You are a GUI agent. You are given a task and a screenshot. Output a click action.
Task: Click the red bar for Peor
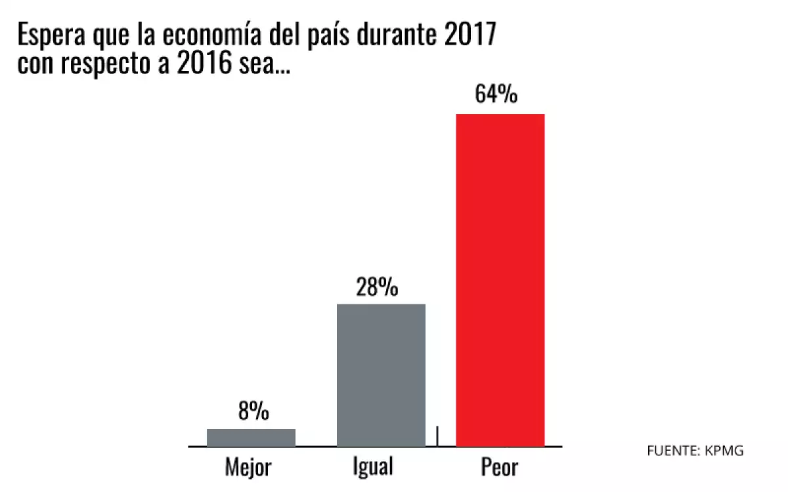[x=500, y=280]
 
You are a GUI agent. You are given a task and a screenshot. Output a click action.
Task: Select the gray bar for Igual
[x=381, y=375]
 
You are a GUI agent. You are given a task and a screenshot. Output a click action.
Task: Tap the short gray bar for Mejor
[x=251, y=438]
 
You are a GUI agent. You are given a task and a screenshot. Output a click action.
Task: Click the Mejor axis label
[x=248, y=468]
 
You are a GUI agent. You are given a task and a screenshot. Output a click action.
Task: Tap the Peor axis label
[x=499, y=468]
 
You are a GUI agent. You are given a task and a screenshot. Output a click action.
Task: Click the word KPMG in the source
[x=726, y=451]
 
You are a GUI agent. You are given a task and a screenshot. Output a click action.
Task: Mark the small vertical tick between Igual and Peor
[x=437, y=435]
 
